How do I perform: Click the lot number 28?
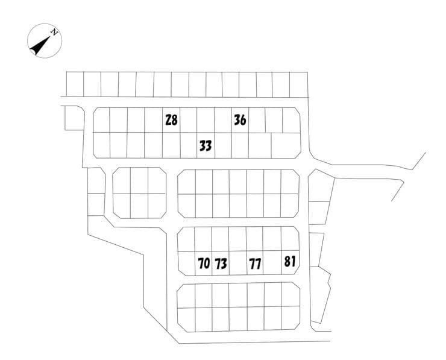pyautogui.click(x=172, y=120)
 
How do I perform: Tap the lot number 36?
pyautogui.click(x=240, y=120)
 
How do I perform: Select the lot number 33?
pyautogui.click(x=206, y=145)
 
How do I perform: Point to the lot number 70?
pyautogui.click(x=204, y=264)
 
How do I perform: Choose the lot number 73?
pyautogui.click(x=221, y=264)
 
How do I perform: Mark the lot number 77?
pyautogui.click(x=255, y=264)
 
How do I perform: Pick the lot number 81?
pyautogui.click(x=290, y=261)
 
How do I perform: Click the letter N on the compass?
pyautogui.click(x=54, y=32)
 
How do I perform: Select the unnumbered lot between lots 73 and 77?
pyautogui.click(x=238, y=264)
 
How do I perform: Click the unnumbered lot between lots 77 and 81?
pyautogui.click(x=272, y=262)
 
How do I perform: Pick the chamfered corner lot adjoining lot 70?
pyautogui.click(x=187, y=264)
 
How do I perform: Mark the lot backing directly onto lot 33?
pyautogui.click(x=206, y=120)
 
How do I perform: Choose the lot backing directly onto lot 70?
pyautogui.click(x=203, y=239)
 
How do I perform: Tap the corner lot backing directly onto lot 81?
pyautogui.click(x=290, y=238)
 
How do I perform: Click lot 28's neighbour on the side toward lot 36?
pyautogui.click(x=188, y=120)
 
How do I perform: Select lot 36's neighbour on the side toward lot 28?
pyautogui.click(x=223, y=120)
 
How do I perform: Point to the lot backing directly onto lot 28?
pyautogui.click(x=171, y=145)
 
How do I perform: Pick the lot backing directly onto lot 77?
pyautogui.click(x=254, y=239)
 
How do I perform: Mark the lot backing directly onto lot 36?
pyautogui.click(x=240, y=145)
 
